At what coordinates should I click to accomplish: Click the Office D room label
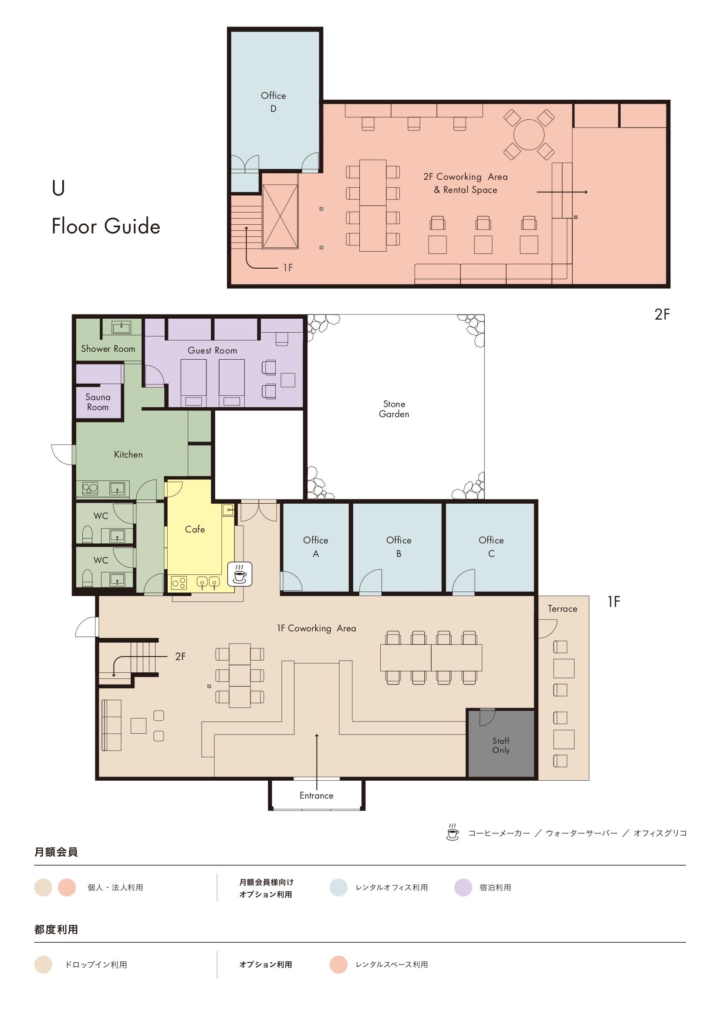[x=273, y=102]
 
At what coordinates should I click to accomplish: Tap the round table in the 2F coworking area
[x=529, y=135]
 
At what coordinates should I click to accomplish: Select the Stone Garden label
[x=394, y=409]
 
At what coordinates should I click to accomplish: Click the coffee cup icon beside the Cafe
[x=240, y=574]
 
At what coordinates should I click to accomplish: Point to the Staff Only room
[x=501, y=744]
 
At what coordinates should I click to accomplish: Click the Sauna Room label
[x=98, y=402]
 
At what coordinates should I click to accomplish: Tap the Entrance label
[x=316, y=796]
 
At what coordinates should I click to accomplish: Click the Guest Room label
[x=212, y=350]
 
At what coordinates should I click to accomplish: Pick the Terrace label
[x=562, y=609]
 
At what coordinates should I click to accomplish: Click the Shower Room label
[x=108, y=348]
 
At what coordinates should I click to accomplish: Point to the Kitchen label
[x=128, y=455]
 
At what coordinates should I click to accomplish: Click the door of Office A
[x=291, y=581]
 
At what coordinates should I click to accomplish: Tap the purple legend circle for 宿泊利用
[x=463, y=887]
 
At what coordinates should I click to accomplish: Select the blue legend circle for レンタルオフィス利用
[x=338, y=887]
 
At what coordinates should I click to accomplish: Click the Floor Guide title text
[x=105, y=226]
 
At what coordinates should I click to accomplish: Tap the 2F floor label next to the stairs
[x=180, y=656]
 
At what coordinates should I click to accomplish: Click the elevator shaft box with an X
[x=280, y=216]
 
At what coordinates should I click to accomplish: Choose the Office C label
[x=491, y=547]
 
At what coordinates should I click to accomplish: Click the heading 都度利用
[x=56, y=929]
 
